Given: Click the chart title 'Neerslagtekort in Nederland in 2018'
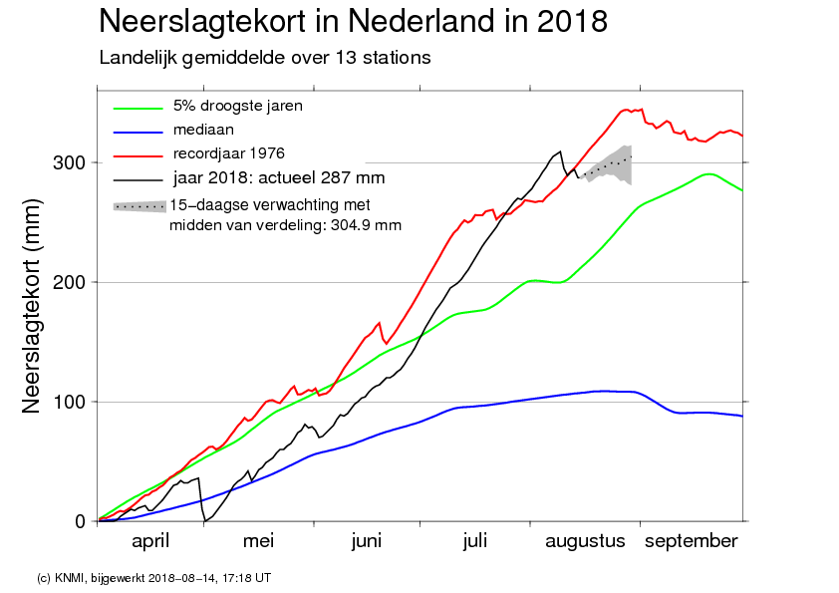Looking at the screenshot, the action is pos(353,22).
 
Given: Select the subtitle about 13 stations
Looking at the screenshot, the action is pos(265,58).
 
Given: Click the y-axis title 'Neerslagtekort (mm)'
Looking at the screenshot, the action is pos(31,306).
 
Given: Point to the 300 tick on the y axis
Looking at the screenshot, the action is pos(69,162).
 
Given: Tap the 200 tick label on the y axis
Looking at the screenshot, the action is pos(69,282).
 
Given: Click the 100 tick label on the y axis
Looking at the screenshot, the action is pos(69,402).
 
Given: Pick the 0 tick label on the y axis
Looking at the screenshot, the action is pos(81,521).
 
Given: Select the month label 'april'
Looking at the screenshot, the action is pos(150,541).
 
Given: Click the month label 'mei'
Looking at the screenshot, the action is pos(258,541).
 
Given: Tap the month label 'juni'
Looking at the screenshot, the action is pos(367,541).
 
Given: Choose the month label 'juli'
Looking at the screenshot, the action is pos(475,541).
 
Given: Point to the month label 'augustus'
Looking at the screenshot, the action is pos(585,541).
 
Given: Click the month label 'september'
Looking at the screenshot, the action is pos(692,541).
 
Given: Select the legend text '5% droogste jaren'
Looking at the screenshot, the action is pos(237,106).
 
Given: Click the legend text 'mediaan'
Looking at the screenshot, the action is pos(203,130).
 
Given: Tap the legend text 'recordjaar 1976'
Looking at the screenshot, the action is pos(228,153).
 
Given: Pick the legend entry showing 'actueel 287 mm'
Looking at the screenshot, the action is pos(279,177).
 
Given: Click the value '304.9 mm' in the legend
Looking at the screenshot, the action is pos(366,225).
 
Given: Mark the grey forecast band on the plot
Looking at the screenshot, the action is pos(611,164).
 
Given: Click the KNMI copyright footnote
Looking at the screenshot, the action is pos(153,578).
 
